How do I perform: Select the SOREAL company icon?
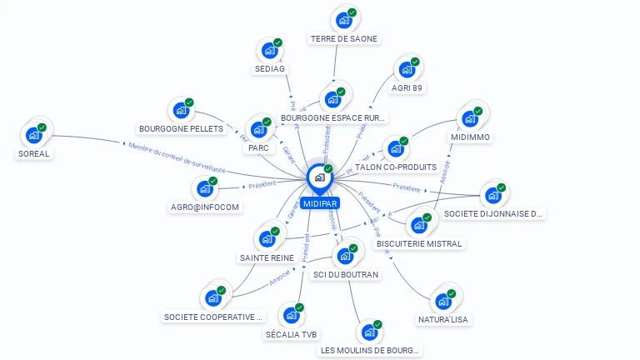[34, 134]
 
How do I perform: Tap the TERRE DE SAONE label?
[344, 38]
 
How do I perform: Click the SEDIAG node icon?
[269, 50]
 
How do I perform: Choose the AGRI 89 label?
[406, 87]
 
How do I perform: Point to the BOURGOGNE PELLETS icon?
[181, 110]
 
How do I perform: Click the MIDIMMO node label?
[471, 137]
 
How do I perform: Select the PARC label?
[257, 148]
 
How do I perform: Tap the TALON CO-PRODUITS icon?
[396, 148]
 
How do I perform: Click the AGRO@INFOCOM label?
[205, 207]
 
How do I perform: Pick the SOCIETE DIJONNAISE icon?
[493, 196]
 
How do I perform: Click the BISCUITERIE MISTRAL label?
[418, 243]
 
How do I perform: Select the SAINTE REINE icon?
[267, 238]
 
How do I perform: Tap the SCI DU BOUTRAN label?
[346, 274]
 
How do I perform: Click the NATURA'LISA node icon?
[443, 301]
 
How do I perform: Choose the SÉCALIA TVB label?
[291, 334]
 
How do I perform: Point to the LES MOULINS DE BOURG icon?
[369, 332]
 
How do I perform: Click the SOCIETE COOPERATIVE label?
[213, 317]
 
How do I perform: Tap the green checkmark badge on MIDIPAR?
[328, 168]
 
